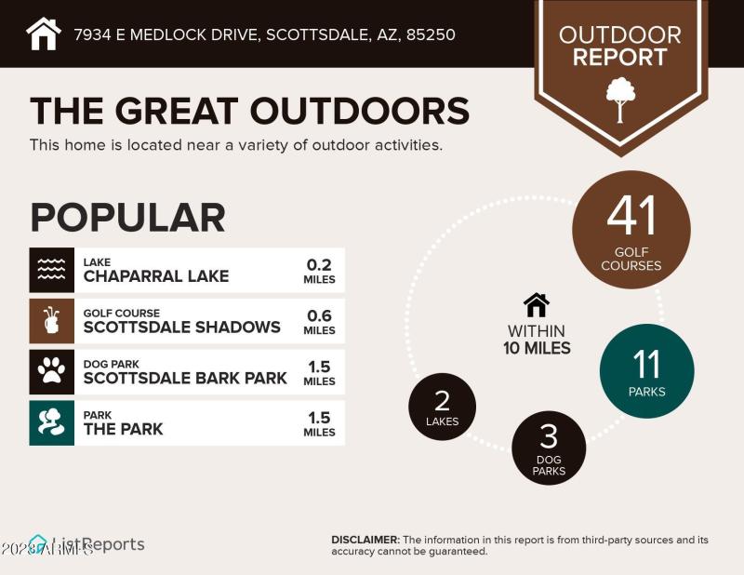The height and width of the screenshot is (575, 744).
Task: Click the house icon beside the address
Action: tap(43, 33)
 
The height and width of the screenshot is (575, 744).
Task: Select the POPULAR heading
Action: tap(127, 217)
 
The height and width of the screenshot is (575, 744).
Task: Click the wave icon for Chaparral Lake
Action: tap(51, 270)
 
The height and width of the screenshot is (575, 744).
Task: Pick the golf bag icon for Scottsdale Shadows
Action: tap(51, 321)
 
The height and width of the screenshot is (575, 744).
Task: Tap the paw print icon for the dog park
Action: tap(51, 372)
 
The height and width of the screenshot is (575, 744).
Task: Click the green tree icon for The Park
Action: tap(51, 422)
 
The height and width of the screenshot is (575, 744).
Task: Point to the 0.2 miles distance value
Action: tap(319, 264)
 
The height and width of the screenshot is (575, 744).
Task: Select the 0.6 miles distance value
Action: tap(319, 315)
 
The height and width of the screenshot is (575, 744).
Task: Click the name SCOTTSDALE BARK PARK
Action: tap(185, 378)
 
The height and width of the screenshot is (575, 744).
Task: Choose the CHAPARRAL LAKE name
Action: tap(155, 275)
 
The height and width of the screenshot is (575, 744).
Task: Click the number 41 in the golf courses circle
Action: tap(631, 216)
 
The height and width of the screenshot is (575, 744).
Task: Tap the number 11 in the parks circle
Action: tap(646, 363)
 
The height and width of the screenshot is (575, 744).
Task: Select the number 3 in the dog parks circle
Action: tap(549, 437)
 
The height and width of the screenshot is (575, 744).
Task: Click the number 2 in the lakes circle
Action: tap(443, 400)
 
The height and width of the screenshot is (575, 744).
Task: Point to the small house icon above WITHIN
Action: tap(537, 304)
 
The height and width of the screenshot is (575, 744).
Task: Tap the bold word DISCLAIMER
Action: tap(365, 540)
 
